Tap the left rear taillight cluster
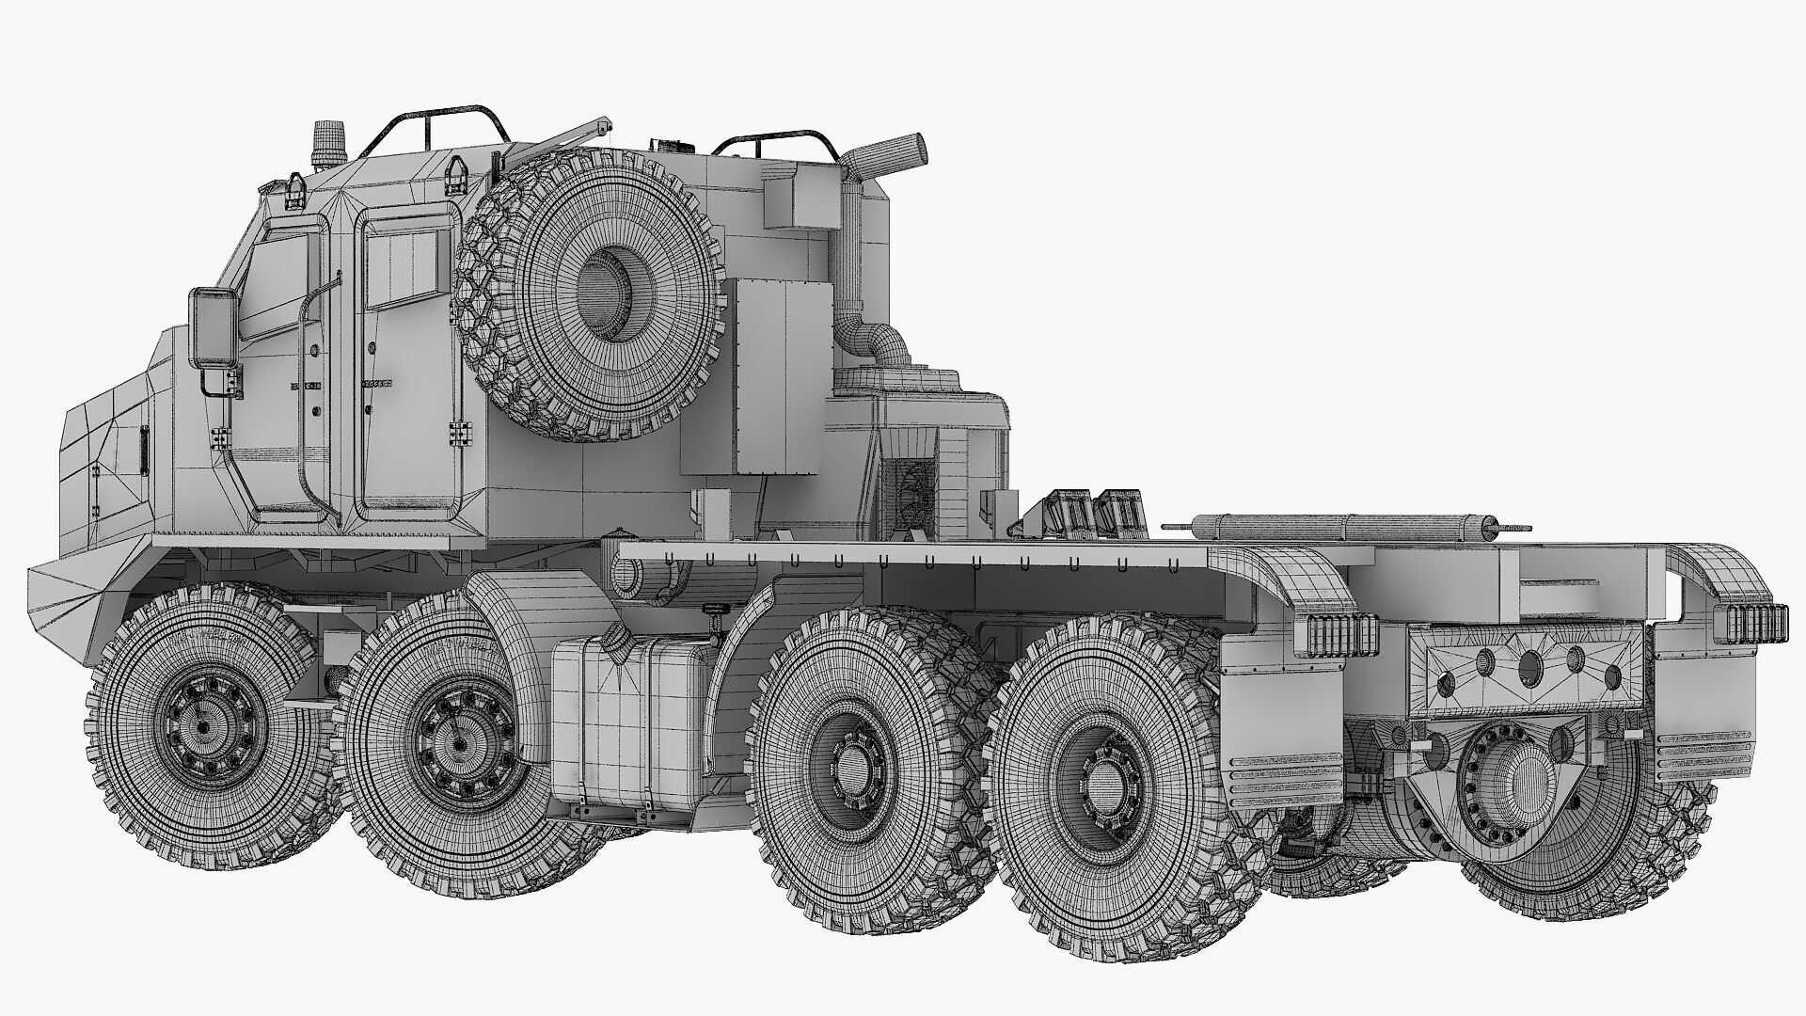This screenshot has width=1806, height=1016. (x=1335, y=639)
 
